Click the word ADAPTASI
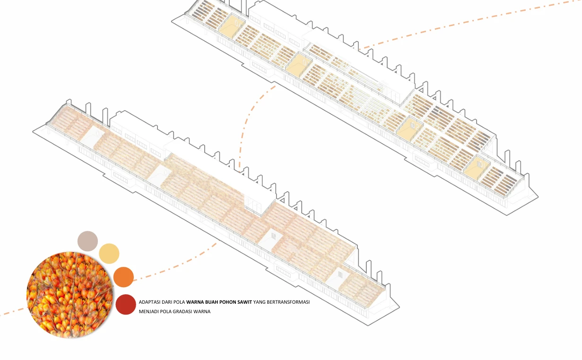149,302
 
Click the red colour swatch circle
126,304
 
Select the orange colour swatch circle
124,277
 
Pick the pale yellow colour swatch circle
109,254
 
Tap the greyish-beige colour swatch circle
87,241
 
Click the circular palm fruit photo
69,295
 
